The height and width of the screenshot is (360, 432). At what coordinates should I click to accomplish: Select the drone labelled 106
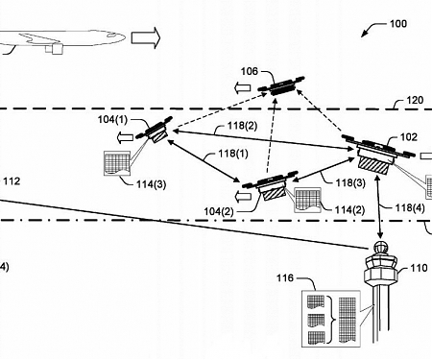(x=282, y=87)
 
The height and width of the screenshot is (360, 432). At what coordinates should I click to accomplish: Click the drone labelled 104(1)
(x=156, y=130)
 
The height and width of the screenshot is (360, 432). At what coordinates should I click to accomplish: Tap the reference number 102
(x=409, y=137)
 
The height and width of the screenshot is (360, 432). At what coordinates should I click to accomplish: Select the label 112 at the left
(x=12, y=181)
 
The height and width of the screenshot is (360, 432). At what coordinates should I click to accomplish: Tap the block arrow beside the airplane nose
(x=145, y=38)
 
